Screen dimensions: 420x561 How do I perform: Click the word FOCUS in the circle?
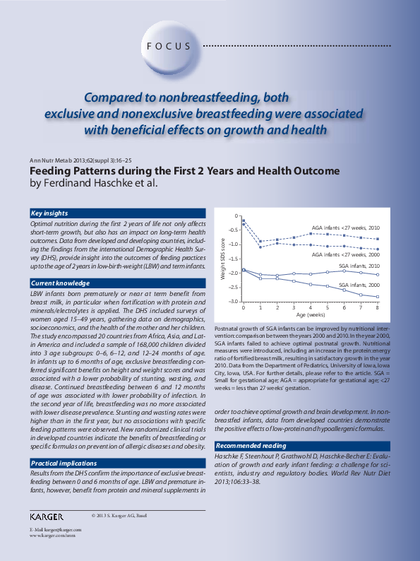(169, 47)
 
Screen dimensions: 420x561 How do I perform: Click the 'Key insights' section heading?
(49, 213)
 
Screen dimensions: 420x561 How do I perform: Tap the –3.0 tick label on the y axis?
(233, 302)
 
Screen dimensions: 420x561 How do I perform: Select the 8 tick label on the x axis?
(378, 308)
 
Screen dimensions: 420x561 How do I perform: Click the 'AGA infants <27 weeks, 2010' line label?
(345, 228)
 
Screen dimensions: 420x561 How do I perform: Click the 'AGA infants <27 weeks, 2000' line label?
(345, 254)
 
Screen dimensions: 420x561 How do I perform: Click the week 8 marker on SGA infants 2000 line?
(378, 297)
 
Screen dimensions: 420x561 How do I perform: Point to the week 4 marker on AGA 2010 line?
(311, 233)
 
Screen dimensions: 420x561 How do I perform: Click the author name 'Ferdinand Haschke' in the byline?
(93, 184)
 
